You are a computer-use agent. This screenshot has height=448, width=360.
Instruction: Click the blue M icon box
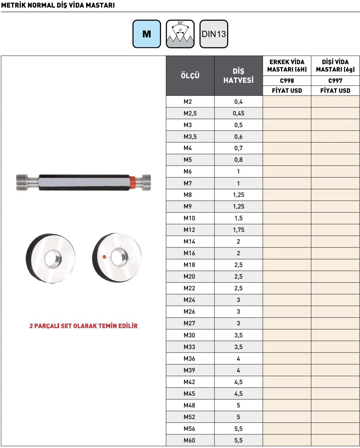147,34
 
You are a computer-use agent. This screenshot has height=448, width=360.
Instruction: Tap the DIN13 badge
213,34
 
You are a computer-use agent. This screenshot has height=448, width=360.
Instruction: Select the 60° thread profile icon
180,34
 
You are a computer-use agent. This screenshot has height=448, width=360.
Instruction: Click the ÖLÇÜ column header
190,76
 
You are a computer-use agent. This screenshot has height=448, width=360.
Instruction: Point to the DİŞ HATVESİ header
239,76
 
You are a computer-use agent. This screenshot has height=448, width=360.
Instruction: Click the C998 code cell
287,81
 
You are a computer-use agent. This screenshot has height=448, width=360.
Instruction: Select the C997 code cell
335,81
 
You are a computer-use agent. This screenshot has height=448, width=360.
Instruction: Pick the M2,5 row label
190,113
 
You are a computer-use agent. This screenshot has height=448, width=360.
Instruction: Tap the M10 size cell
189,218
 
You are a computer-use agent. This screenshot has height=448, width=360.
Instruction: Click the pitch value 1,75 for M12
239,230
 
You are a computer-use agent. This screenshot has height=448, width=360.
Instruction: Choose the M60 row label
189,440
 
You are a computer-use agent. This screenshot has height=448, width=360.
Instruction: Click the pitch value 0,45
239,113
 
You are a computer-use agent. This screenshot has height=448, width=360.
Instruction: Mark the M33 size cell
189,347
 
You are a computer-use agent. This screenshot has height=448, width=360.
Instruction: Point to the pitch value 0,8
239,160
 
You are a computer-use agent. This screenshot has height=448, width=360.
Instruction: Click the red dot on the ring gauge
104,257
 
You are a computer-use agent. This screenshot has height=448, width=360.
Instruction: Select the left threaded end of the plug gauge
22,182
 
